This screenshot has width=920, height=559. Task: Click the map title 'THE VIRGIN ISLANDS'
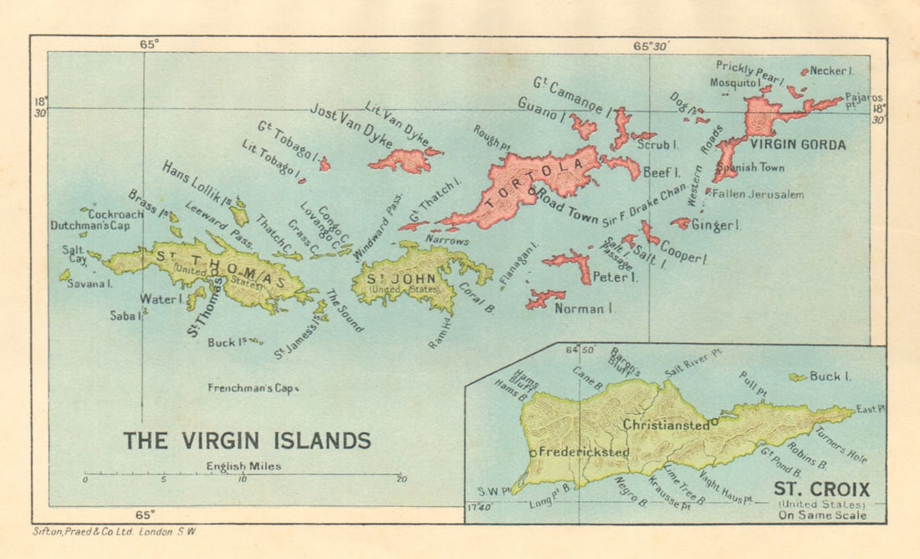click(x=247, y=440)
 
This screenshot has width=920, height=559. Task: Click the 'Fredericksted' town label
click(x=584, y=452)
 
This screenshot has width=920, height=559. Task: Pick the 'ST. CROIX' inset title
click(x=820, y=490)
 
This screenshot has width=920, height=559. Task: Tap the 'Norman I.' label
click(x=585, y=309)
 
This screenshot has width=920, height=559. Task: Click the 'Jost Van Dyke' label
click(x=350, y=127)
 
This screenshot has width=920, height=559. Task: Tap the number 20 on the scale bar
click(x=401, y=480)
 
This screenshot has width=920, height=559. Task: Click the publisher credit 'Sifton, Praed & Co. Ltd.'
click(x=113, y=531)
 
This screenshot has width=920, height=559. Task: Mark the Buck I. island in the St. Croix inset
click(x=799, y=377)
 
